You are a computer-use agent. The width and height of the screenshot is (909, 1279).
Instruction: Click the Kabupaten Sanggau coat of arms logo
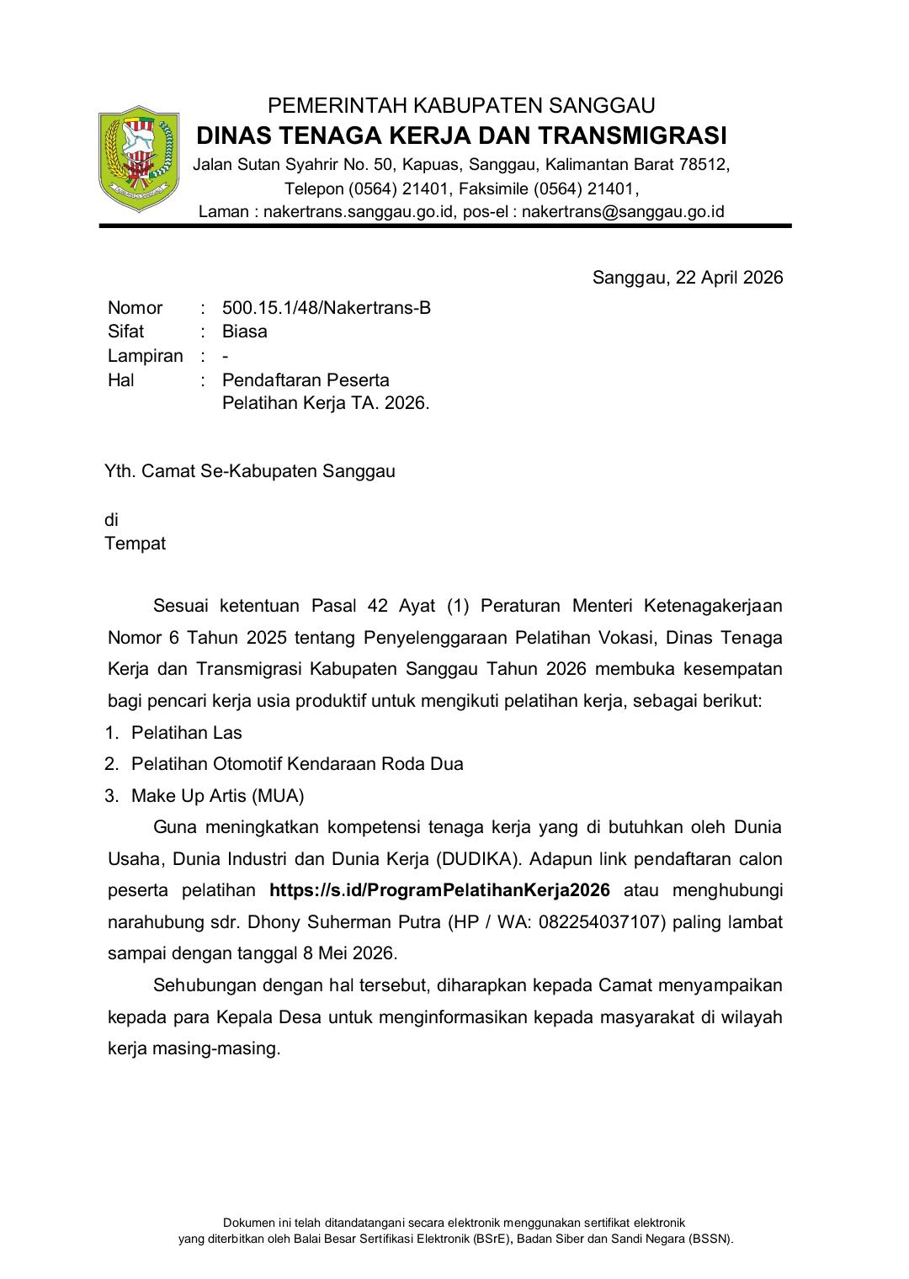click(x=139, y=158)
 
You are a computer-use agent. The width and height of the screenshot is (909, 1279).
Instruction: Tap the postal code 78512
click(x=704, y=164)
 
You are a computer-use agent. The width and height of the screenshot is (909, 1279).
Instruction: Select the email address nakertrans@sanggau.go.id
click(x=623, y=212)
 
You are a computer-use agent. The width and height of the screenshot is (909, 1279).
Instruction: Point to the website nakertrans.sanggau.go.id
click(x=356, y=212)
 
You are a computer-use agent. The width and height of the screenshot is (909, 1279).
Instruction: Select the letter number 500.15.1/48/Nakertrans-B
click(x=327, y=308)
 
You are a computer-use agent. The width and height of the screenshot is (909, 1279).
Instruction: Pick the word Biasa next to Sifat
click(x=244, y=332)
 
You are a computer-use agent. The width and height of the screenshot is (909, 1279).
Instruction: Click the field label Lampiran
click(x=146, y=356)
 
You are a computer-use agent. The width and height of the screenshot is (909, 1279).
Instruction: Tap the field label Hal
click(x=121, y=380)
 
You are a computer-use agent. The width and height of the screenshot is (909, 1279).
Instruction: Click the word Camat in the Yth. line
click(x=168, y=471)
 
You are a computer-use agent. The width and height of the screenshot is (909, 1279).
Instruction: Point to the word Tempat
click(x=135, y=544)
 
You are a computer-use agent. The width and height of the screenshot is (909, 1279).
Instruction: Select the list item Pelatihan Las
click(x=186, y=733)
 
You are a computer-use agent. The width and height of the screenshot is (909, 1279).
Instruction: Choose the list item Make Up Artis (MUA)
click(x=217, y=796)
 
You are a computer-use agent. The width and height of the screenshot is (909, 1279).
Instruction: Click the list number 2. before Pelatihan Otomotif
click(x=112, y=764)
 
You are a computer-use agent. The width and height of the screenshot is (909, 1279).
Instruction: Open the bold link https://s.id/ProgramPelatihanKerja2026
click(x=439, y=890)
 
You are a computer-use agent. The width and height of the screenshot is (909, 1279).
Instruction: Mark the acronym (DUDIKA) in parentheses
click(x=479, y=859)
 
